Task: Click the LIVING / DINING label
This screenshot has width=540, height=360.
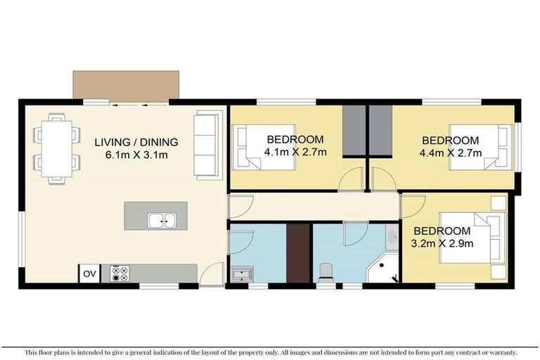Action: click(136, 142)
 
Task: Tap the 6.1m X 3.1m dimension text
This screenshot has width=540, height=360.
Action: click(136, 155)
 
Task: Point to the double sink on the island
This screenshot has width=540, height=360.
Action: click(161, 220)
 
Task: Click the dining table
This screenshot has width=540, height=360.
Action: click(56, 148)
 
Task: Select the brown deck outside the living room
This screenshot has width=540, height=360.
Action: click(126, 85)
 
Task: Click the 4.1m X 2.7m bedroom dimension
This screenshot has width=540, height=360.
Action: click(295, 152)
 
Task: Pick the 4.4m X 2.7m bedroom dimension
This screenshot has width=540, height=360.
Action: click(450, 153)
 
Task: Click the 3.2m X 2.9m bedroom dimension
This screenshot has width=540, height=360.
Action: click(442, 243)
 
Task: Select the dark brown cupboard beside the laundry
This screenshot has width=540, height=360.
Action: click(298, 253)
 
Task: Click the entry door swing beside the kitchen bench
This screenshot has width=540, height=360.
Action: click(210, 275)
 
